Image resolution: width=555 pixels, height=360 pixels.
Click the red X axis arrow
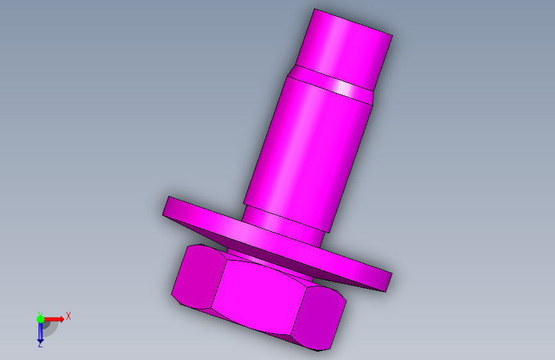[x=53, y=319]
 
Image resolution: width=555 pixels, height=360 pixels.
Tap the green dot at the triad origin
[x=40, y=319]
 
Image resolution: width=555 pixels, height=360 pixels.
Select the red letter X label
[x=68, y=316]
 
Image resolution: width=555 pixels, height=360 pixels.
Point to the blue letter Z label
[x=40, y=345]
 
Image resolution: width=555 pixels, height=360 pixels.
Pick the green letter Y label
[x=40, y=314]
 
